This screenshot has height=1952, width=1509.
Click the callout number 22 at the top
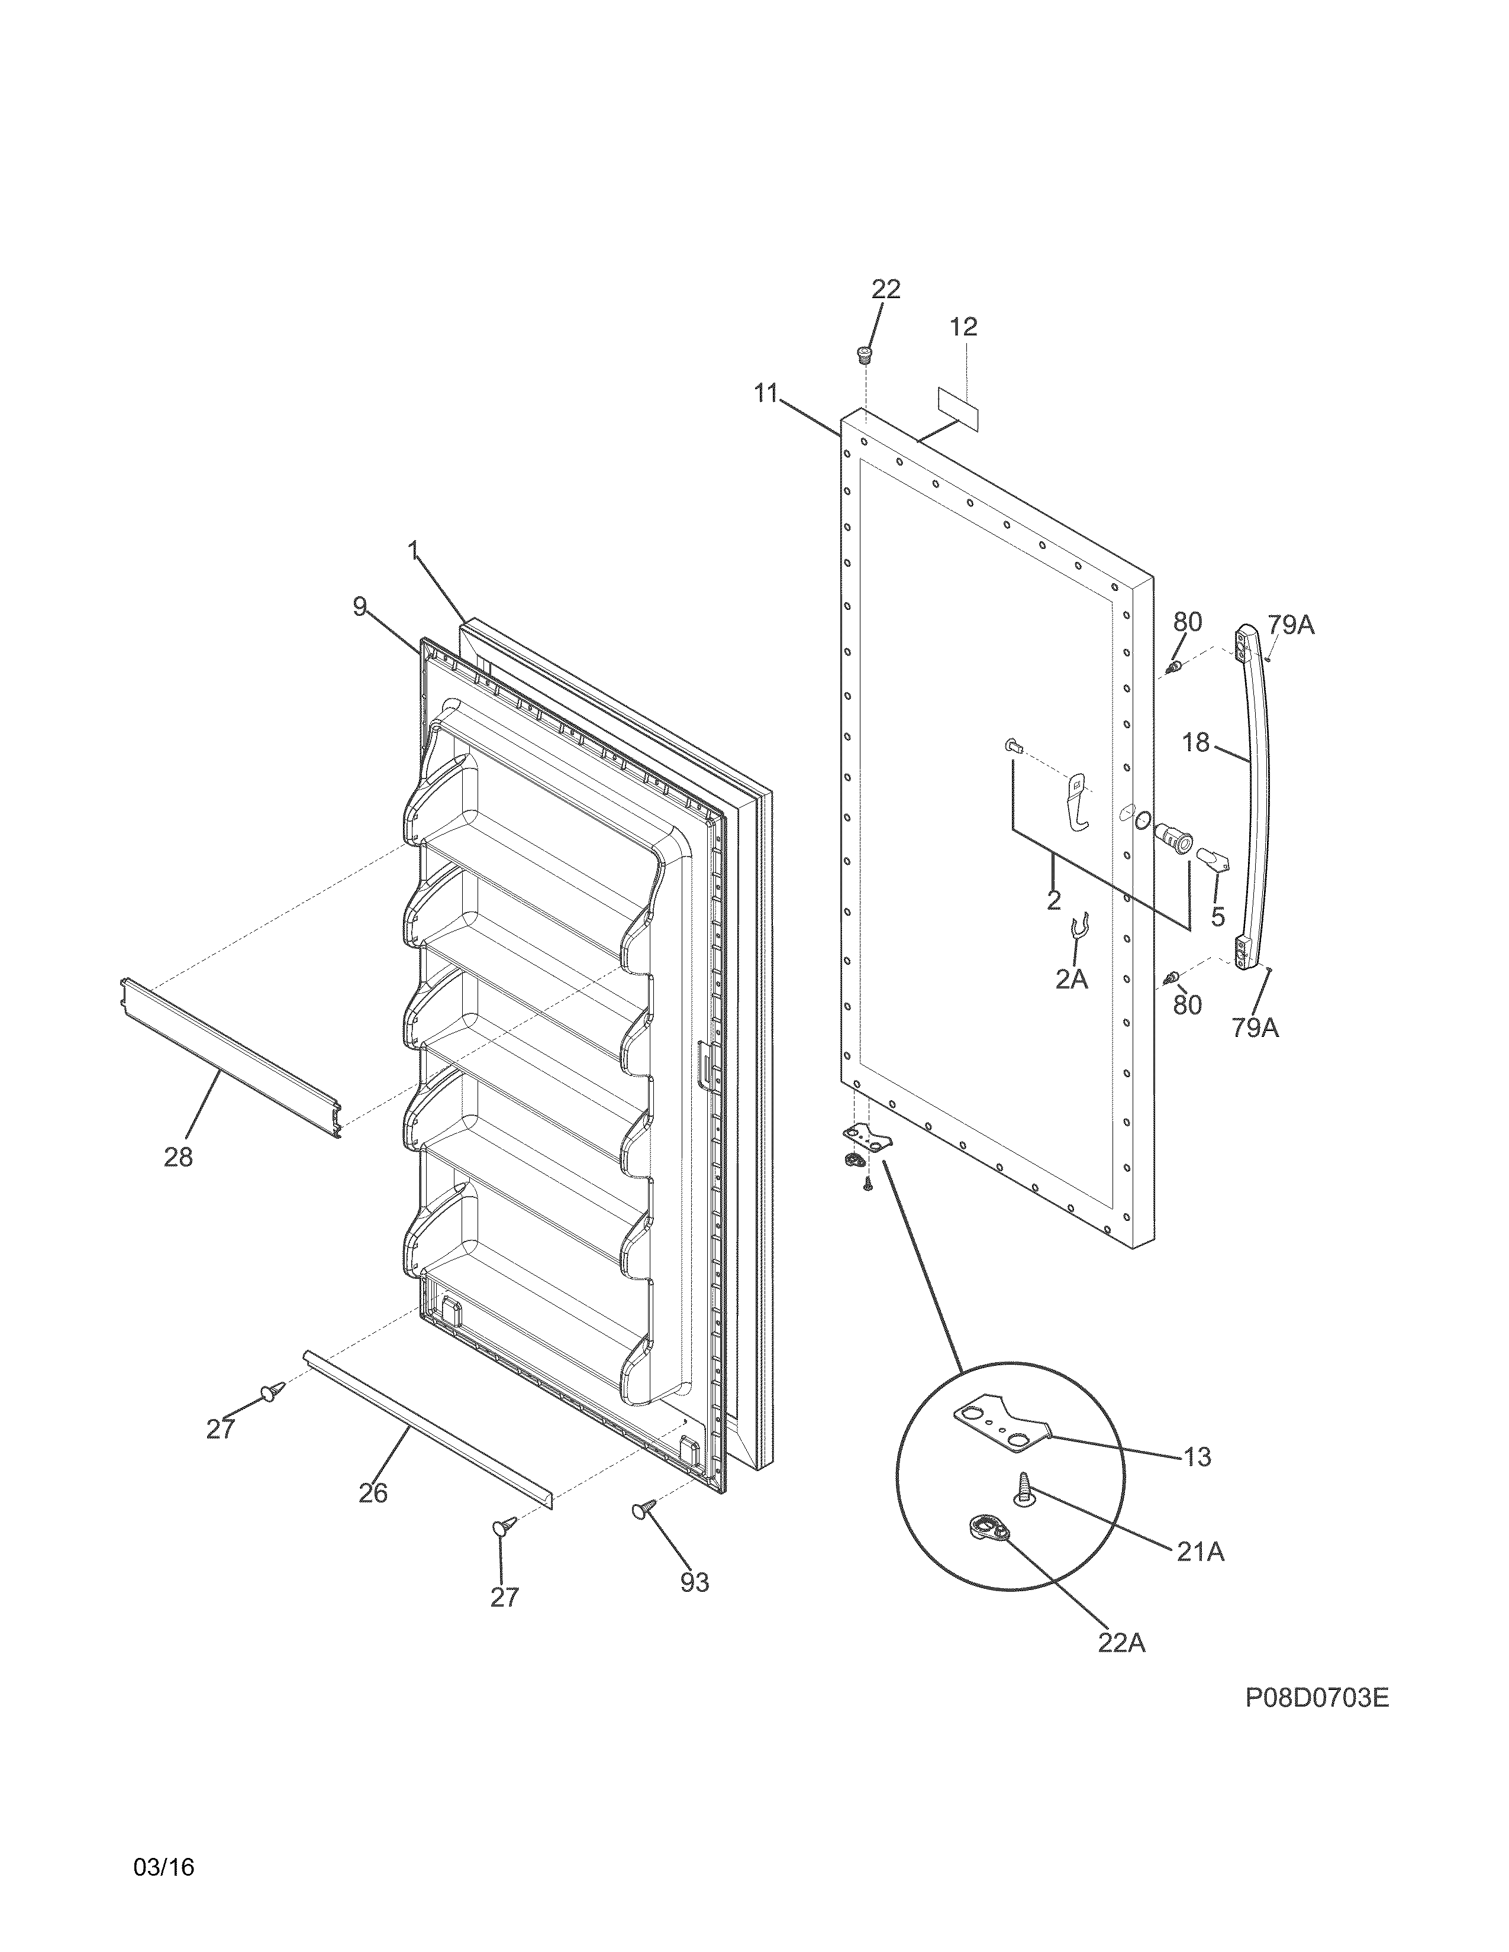click(x=886, y=289)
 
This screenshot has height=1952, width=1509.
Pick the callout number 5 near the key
click(x=1218, y=916)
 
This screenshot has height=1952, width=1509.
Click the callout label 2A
click(x=1071, y=980)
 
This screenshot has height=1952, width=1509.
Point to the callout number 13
click(x=1196, y=1457)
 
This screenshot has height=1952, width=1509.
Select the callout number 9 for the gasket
click(x=359, y=607)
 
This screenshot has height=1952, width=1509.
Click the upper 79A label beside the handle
click(x=1290, y=625)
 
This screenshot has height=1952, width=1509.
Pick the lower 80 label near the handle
click(x=1187, y=1004)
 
